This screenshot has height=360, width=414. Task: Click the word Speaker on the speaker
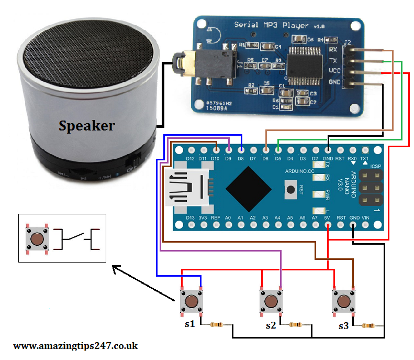pyautogui.click(x=86, y=126)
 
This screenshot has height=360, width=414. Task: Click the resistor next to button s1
pyautogui.click(x=218, y=325)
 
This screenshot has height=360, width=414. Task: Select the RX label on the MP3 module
pyautogui.click(x=333, y=49)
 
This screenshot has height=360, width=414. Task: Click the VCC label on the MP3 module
pyautogui.click(x=334, y=70)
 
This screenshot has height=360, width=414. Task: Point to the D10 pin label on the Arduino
pyautogui.click(x=215, y=158)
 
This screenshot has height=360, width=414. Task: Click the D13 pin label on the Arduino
pyautogui.click(x=190, y=217)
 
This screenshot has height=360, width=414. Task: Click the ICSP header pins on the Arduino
pyautogui.click(x=370, y=187)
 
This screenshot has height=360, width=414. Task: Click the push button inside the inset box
pyautogui.click(x=37, y=239)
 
